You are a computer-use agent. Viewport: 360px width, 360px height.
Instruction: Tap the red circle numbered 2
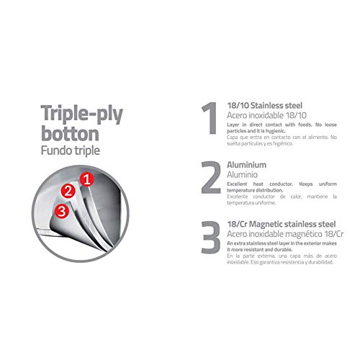(x=68, y=191)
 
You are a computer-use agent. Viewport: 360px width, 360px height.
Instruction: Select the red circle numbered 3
(x=63, y=211)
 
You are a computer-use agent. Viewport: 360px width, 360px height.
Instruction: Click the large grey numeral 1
(x=207, y=118)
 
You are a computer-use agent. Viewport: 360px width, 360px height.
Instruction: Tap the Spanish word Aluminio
(x=246, y=175)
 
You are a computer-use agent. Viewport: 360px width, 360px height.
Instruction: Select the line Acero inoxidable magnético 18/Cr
(x=285, y=235)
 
